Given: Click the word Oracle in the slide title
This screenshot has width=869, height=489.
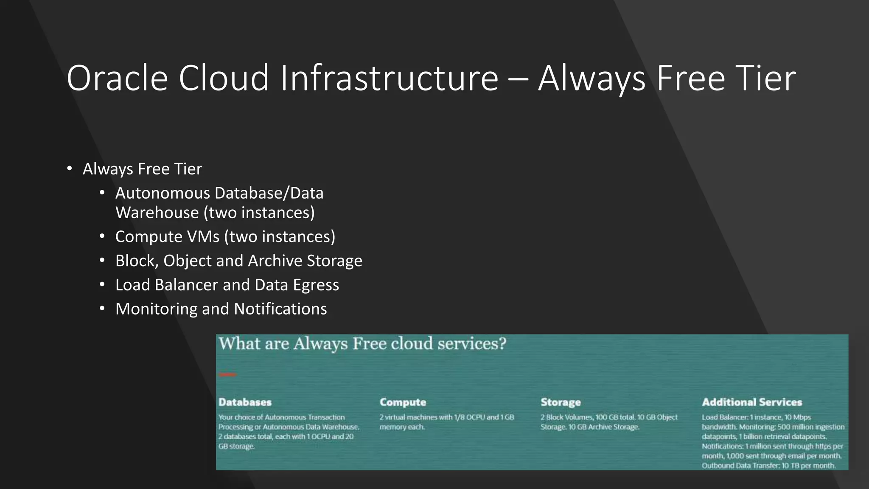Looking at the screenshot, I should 117,78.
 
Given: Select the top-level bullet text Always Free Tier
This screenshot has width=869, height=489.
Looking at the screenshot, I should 142,169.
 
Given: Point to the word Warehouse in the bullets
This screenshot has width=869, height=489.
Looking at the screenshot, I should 157,213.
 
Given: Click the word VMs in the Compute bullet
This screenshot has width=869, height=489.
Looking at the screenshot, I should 205,237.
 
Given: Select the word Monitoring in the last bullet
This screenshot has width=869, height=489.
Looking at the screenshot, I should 156,309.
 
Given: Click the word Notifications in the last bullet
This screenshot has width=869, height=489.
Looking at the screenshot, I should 280,309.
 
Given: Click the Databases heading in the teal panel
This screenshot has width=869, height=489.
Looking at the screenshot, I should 245,402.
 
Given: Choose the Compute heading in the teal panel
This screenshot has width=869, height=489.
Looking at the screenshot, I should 403,402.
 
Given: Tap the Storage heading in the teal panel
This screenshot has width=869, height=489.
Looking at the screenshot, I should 561,402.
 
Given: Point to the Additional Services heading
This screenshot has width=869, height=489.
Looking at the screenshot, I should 752,402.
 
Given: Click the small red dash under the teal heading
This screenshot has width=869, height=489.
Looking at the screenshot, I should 228,374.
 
